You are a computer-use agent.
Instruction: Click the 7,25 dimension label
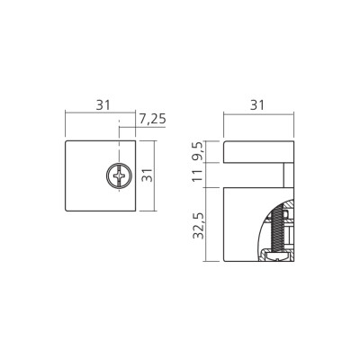151,118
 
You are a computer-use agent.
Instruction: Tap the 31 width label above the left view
103,104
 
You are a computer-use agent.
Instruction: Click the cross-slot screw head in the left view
118,175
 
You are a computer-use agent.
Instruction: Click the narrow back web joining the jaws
289,175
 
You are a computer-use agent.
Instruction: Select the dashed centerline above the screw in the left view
118,144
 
